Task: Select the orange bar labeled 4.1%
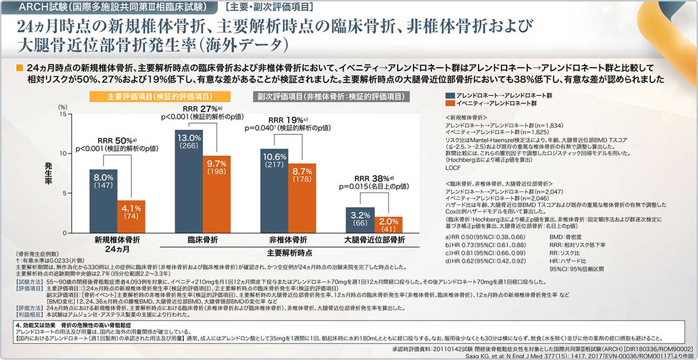(131, 216)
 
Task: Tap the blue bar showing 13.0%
(189, 181)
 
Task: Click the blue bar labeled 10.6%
(274, 190)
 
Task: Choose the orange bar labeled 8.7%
(302, 198)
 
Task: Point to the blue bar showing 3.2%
(360, 220)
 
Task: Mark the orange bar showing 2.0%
(387, 224)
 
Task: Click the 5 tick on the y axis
(64, 193)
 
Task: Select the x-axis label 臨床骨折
(203, 240)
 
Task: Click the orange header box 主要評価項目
(160, 97)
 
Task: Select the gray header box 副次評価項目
(331, 97)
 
